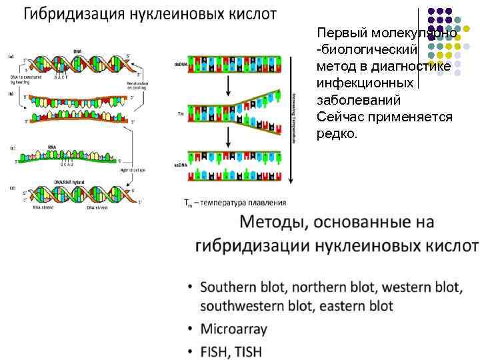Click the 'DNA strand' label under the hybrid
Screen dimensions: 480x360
click(98, 207)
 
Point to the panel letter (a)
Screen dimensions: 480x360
click(11, 56)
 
